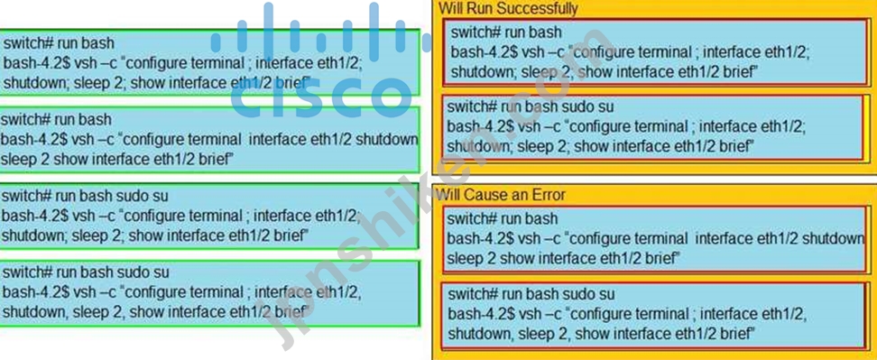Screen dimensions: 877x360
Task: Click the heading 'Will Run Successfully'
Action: (508, 8)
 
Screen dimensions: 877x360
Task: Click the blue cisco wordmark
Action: (320, 97)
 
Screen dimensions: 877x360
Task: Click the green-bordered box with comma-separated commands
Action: (209, 293)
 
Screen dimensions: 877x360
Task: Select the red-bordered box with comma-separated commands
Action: (653, 316)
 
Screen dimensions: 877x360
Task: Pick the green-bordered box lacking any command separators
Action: (209, 139)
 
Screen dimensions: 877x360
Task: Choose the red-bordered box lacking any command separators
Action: (653, 239)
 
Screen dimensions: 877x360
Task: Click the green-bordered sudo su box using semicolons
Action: (209, 216)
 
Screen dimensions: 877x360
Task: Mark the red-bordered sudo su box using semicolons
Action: (653, 127)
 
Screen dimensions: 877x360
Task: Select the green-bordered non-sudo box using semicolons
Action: (209, 62)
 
